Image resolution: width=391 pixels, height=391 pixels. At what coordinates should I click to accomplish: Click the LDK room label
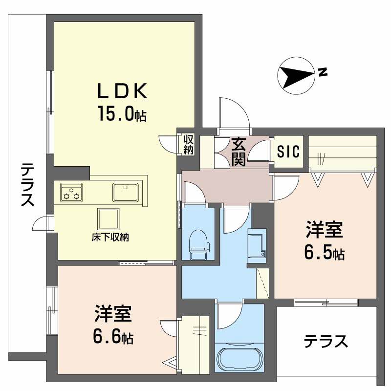(122, 91)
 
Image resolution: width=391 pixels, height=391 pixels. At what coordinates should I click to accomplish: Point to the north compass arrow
(296, 76)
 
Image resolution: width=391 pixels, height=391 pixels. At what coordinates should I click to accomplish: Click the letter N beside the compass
(322, 72)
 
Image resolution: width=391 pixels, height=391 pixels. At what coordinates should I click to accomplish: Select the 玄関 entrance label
(239, 152)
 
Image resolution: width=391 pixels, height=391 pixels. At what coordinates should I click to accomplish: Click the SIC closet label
(288, 152)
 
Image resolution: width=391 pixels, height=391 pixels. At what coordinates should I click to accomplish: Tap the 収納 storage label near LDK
(189, 144)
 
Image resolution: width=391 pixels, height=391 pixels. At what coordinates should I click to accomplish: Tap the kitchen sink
(126, 191)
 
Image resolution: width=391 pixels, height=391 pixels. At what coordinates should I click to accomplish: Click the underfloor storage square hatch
(109, 218)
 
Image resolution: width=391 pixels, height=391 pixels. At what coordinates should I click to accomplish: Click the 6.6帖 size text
(113, 337)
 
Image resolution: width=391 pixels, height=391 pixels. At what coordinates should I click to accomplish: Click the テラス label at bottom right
(326, 341)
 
